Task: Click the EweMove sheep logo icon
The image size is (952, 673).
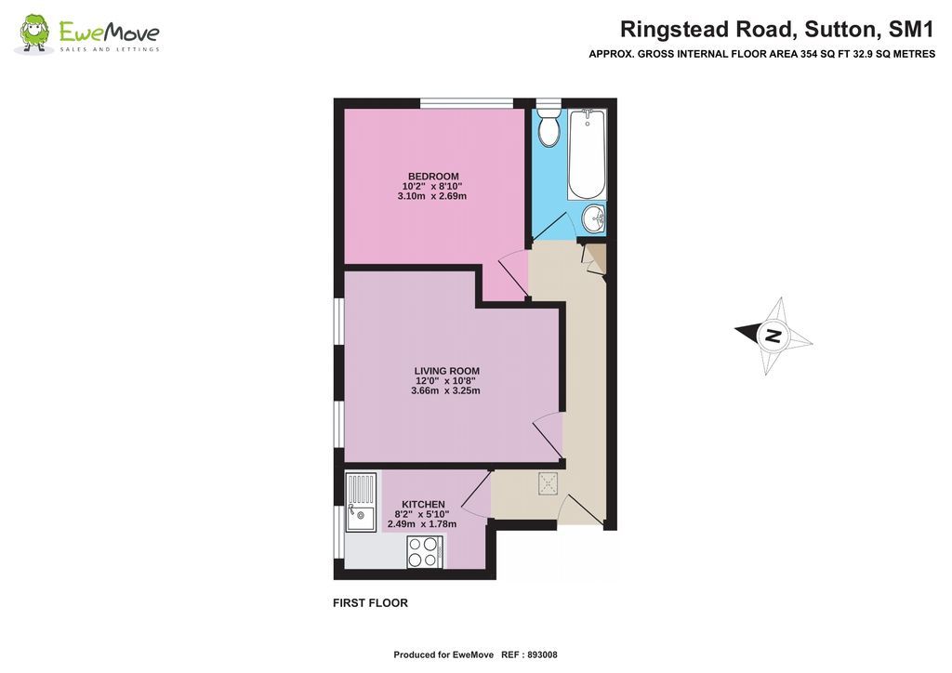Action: [35, 33]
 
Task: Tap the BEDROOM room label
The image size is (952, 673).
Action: [433, 177]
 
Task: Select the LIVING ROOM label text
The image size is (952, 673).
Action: [446, 371]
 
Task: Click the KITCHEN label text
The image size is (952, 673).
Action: [423, 504]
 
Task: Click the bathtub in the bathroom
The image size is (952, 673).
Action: [587, 153]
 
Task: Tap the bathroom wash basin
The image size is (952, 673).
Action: [593, 218]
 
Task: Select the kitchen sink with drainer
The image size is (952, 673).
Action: [361, 502]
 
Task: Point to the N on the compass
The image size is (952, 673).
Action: [772, 336]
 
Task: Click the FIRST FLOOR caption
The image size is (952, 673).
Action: [370, 603]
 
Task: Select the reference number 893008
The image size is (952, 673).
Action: [542, 654]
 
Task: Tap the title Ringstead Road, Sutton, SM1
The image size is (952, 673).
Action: [777, 29]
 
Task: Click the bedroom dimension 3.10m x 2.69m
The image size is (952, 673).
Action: [432, 196]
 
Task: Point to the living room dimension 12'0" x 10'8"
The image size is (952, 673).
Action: [446, 381]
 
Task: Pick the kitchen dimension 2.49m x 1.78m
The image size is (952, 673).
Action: [422, 524]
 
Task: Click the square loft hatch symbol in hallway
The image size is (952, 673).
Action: [549, 482]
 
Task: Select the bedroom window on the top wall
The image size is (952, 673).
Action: [466, 102]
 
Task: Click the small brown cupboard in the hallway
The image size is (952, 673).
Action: [595, 257]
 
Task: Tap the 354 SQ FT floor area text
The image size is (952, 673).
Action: [818, 54]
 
